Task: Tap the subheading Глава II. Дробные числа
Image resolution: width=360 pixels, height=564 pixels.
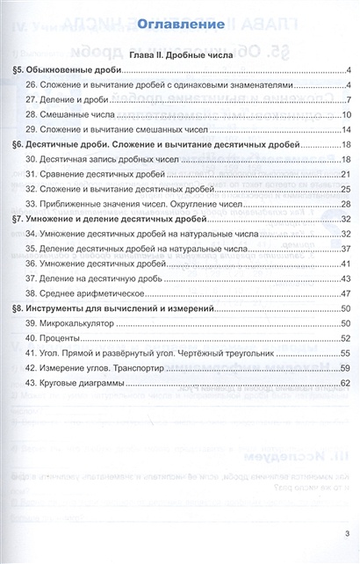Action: (x=179, y=54)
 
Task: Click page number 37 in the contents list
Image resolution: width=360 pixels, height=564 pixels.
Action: (x=346, y=249)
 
